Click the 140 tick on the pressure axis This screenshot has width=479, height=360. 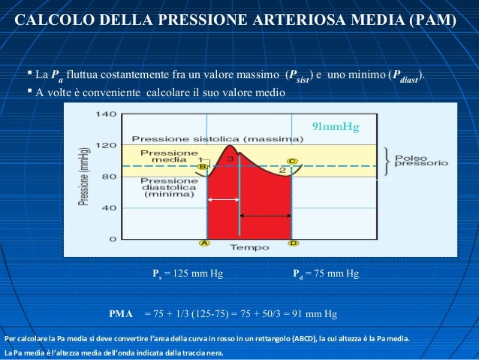106,115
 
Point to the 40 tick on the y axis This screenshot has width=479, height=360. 109,207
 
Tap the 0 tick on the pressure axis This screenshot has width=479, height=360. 112,238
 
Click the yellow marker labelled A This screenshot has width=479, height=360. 204,243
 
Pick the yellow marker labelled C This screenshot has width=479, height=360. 291,161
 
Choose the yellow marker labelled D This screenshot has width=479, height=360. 293,243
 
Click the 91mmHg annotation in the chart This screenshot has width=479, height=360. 336,126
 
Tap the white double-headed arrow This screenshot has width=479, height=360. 223,199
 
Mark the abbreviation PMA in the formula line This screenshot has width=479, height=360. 121,313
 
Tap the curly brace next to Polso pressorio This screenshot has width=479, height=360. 384,159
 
